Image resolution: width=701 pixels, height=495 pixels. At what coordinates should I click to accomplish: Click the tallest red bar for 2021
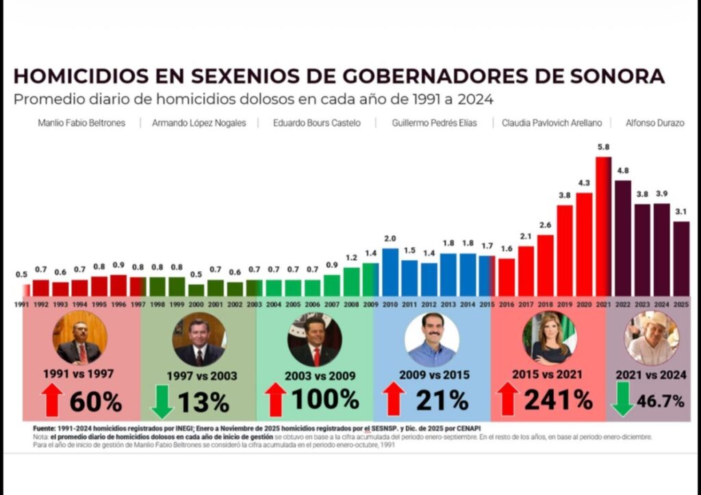tap(603, 226)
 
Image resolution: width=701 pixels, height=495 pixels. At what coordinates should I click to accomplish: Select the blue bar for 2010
tap(390, 272)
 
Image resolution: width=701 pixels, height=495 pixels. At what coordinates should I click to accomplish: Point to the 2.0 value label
tap(390, 239)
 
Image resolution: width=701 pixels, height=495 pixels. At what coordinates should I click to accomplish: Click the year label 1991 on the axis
tap(21, 303)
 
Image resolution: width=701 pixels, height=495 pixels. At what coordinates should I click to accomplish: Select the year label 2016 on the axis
tap(507, 303)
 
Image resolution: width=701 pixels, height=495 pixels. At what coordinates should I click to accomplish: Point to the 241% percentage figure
tap(555, 400)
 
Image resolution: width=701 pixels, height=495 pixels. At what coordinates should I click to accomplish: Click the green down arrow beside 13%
tap(162, 402)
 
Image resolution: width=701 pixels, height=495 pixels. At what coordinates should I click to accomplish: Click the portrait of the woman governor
tap(549, 338)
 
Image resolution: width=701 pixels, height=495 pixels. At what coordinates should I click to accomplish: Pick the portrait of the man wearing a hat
tap(651, 338)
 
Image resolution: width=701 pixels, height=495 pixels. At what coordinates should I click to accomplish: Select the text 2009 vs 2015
tap(432, 375)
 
